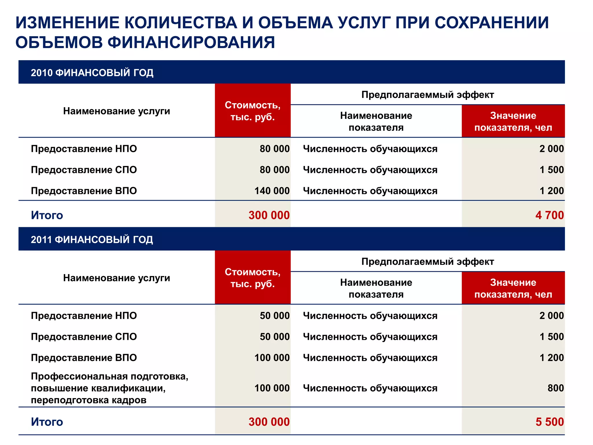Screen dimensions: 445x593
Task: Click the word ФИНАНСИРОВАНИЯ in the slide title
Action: [x=191, y=43]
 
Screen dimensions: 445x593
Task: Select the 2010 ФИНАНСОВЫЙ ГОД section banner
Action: [x=92, y=72]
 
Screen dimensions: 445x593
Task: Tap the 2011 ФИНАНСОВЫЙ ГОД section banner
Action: [x=92, y=239]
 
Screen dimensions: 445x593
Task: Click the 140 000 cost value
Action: [x=272, y=191]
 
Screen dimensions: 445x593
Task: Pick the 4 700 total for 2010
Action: [x=549, y=215]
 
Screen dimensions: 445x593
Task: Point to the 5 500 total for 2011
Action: [x=549, y=422]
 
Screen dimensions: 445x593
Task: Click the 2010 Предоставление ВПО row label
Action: [x=84, y=191]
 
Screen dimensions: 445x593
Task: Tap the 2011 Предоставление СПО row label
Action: [x=84, y=336]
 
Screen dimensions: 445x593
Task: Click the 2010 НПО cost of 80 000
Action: [x=274, y=149]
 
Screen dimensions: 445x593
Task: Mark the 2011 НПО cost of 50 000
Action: [x=274, y=315]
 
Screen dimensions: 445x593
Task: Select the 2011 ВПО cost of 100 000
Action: [x=272, y=358]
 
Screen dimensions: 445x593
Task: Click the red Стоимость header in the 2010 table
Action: [x=252, y=111]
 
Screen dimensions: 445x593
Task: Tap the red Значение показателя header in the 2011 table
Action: [x=513, y=288]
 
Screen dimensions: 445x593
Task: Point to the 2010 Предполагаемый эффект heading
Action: [x=427, y=94]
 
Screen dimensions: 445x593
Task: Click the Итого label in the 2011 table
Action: [x=47, y=422]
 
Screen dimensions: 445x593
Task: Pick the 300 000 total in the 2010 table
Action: [x=269, y=215]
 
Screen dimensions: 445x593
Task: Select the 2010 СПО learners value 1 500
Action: [x=552, y=169]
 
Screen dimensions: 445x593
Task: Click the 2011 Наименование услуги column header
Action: [x=116, y=278]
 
